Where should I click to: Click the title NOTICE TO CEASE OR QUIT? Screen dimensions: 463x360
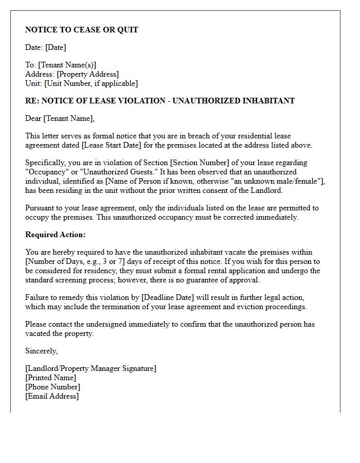click(x=82, y=30)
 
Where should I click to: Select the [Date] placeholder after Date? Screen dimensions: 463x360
click(x=56, y=47)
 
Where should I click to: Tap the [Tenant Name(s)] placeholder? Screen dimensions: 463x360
click(x=67, y=65)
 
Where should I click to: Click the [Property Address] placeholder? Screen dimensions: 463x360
click(x=87, y=74)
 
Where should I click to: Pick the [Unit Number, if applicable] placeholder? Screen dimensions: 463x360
click(x=91, y=83)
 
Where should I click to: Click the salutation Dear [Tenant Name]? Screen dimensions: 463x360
click(x=60, y=118)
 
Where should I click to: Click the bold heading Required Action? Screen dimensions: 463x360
click(x=56, y=235)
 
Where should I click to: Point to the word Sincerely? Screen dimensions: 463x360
click(x=41, y=351)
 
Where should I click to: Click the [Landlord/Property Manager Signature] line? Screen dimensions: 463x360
click(x=91, y=368)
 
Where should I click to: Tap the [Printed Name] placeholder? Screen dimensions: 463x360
click(x=50, y=378)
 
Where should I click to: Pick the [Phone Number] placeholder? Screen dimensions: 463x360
click(x=52, y=387)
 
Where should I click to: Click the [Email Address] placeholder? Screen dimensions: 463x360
click(x=52, y=396)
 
